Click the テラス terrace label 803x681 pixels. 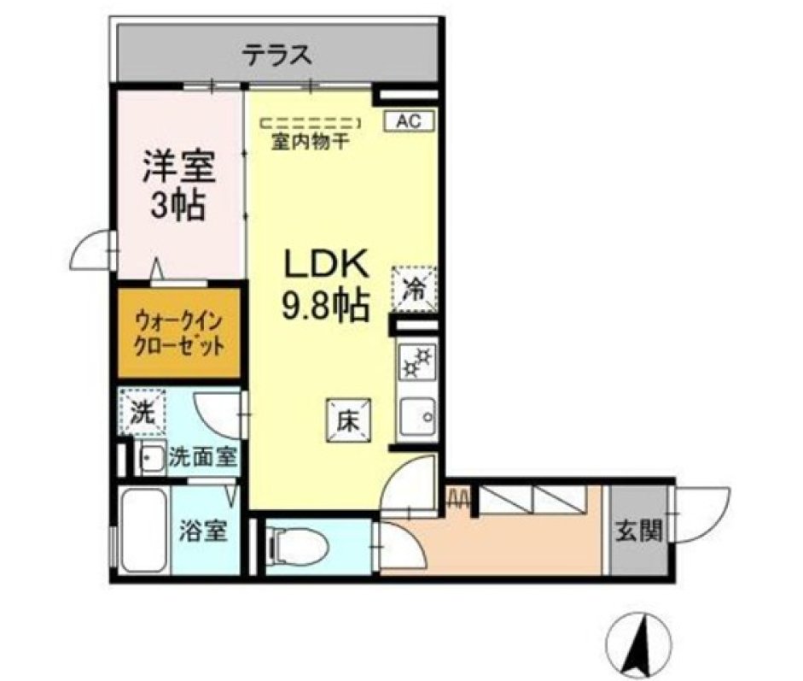(x=277, y=56)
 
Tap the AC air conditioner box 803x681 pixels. (x=410, y=121)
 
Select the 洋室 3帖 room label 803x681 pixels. (x=178, y=185)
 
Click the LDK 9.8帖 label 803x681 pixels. (x=326, y=284)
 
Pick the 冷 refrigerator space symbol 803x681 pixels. (x=415, y=289)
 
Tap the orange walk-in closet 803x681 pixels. (x=179, y=334)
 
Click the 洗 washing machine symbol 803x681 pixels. (x=143, y=412)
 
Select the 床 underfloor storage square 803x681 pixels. (x=349, y=420)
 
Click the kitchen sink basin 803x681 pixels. (x=417, y=417)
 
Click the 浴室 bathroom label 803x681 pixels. (x=203, y=531)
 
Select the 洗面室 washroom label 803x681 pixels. (x=203, y=457)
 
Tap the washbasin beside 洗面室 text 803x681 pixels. (x=152, y=457)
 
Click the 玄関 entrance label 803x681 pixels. (x=638, y=531)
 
